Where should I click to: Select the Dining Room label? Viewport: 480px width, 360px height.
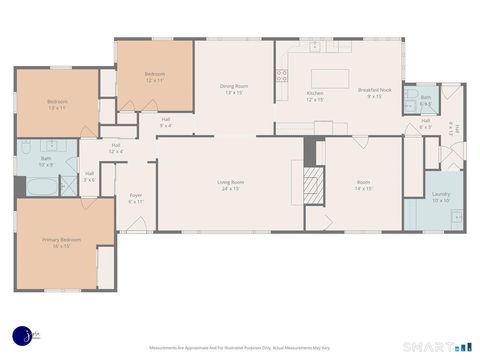coord(234,86)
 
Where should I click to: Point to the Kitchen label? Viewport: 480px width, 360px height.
coord(315,93)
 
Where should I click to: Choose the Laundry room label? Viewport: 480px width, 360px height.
coord(440,194)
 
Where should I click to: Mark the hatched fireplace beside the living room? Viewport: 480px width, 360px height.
coord(314,184)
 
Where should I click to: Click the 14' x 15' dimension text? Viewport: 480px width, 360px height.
coord(364,188)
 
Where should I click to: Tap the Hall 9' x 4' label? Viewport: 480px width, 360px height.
coord(166,122)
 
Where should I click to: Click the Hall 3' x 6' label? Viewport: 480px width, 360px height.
coord(89,176)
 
